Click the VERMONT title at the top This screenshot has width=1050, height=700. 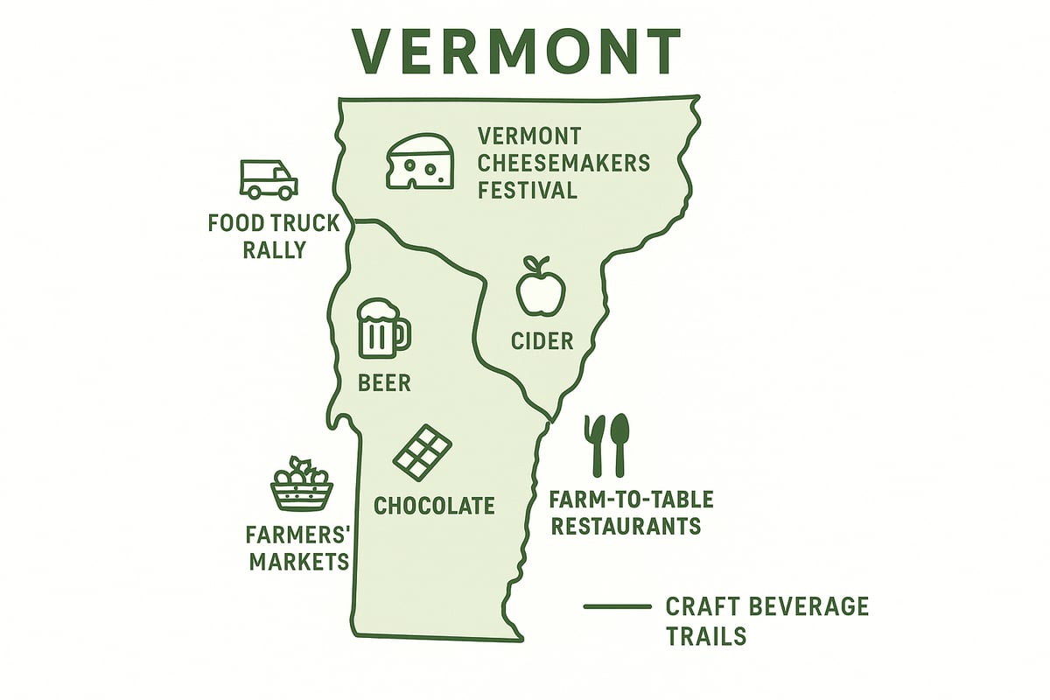pyautogui.click(x=517, y=53)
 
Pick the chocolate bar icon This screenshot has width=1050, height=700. pyautogui.click(x=422, y=451)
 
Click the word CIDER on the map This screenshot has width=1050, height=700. pyautogui.click(x=542, y=340)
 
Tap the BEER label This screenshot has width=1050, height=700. pyautogui.click(x=384, y=382)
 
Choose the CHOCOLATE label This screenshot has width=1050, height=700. pyautogui.click(x=434, y=505)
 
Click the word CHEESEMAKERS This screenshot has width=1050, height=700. pyautogui.click(x=563, y=163)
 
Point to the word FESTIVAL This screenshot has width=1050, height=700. pyautogui.click(x=528, y=190)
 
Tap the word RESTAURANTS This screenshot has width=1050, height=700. pyautogui.click(x=626, y=526)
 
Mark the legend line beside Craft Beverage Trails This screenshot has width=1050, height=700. pyautogui.click(x=617, y=606)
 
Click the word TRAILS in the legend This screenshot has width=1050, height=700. pyautogui.click(x=707, y=635)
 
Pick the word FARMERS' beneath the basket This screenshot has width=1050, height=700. pyautogui.click(x=298, y=534)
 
